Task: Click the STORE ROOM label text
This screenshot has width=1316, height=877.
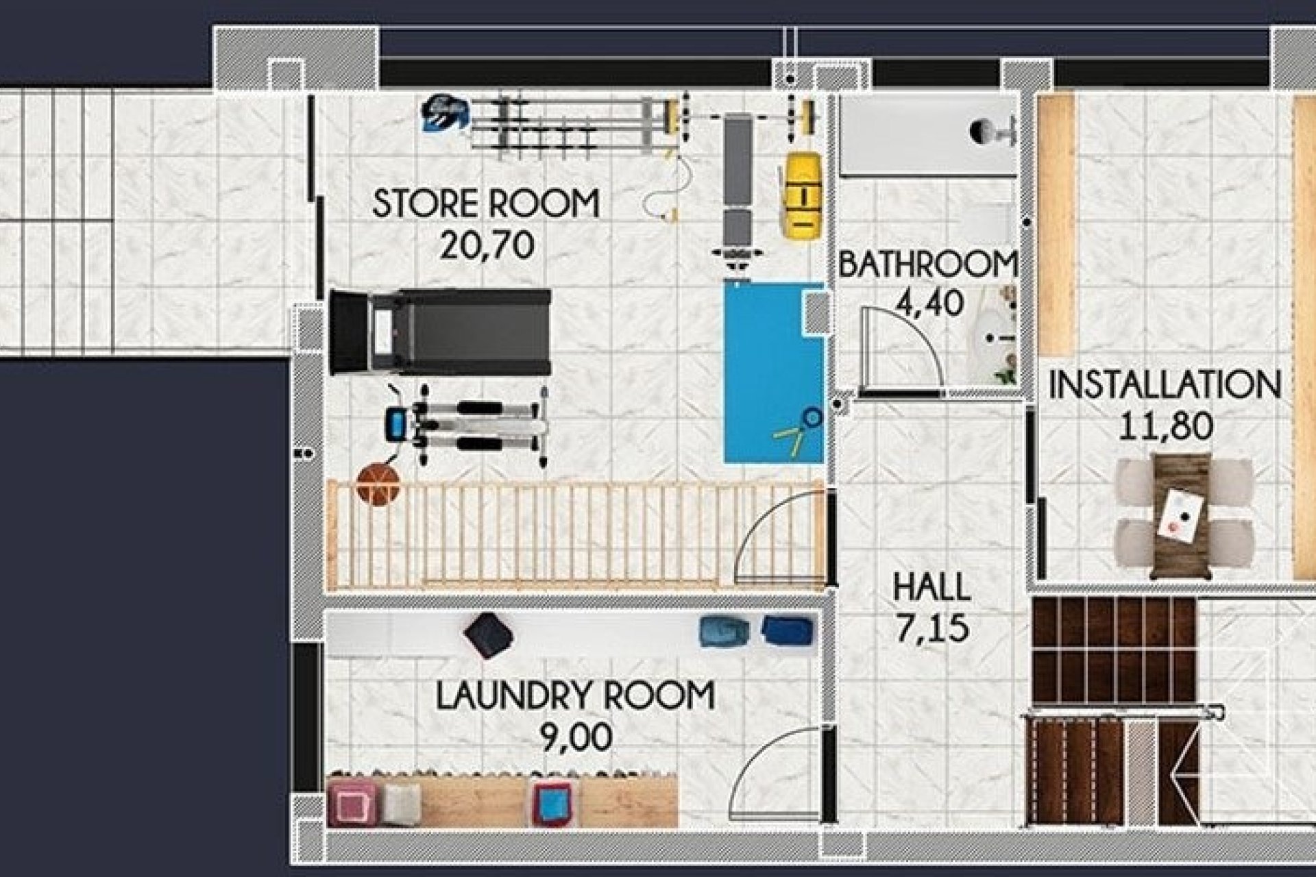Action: (x=485, y=204)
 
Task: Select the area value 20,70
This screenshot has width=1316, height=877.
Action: (x=486, y=245)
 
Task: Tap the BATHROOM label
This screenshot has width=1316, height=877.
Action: (x=927, y=264)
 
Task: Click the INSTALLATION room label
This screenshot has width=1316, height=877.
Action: (x=1165, y=385)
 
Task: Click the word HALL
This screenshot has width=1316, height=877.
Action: (x=931, y=588)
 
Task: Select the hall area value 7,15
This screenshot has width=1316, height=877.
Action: (x=931, y=629)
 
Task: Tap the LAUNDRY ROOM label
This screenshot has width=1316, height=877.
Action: (x=575, y=696)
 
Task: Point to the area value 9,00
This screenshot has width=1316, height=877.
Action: (x=576, y=738)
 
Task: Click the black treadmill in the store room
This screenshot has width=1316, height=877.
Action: (x=440, y=332)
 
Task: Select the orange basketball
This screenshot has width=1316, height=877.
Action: (x=378, y=484)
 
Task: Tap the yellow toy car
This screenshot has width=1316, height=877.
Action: (x=802, y=195)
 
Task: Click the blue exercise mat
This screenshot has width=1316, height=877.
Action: (x=773, y=373)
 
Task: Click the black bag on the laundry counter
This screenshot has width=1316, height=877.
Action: (x=488, y=635)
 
